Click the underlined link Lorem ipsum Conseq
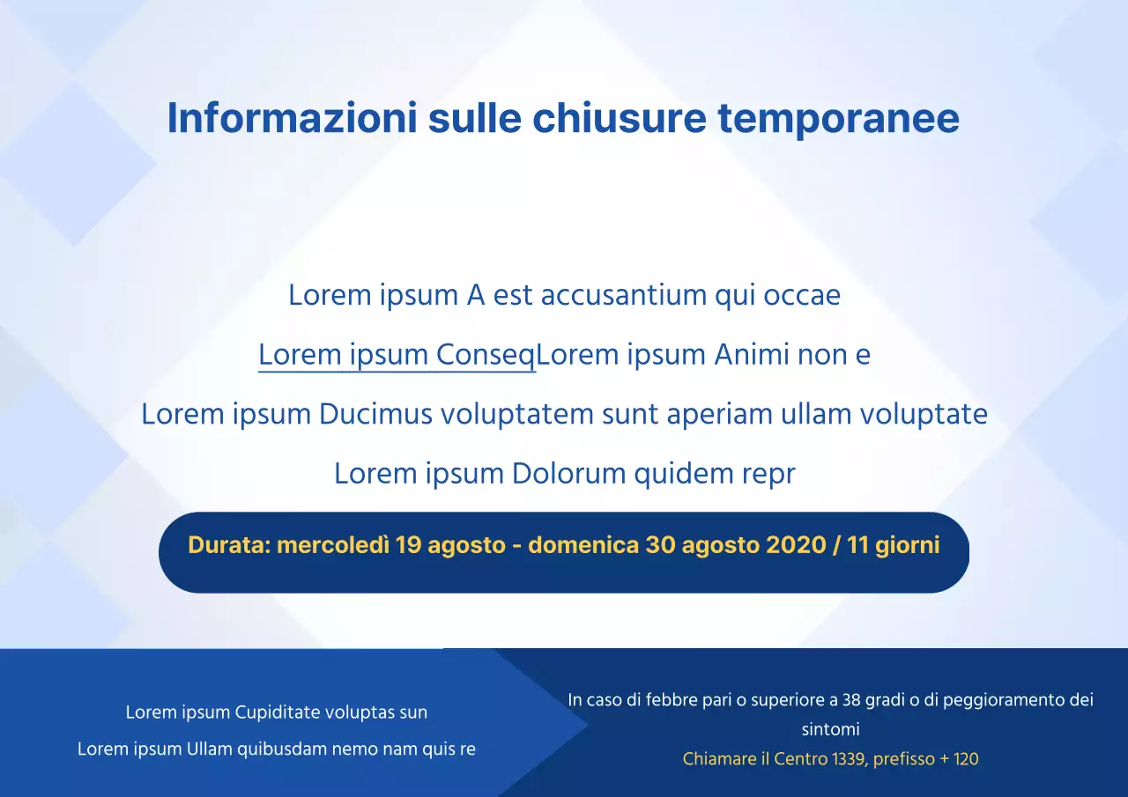click(397, 355)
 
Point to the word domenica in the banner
click(583, 545)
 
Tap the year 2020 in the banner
click(796, 545)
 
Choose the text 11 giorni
click(894, 545)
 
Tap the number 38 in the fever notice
click(851, 700)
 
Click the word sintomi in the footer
click(830, 729)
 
